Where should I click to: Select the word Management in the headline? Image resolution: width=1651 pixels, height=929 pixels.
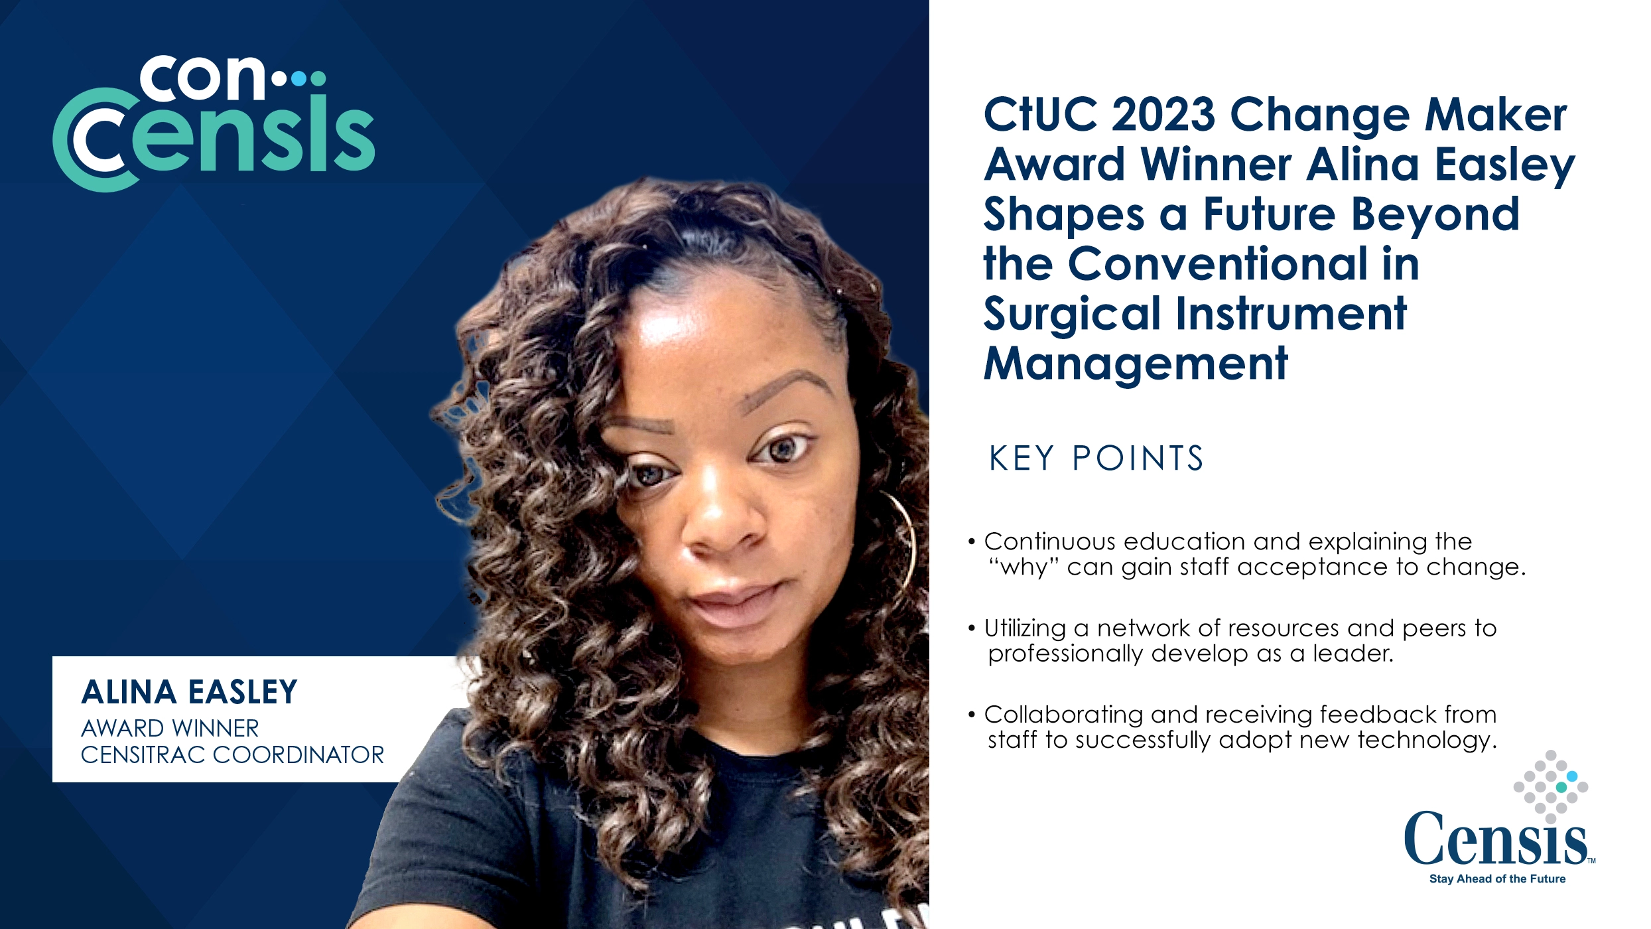point(1135,364)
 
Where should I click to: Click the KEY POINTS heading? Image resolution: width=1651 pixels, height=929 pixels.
point(1096,459)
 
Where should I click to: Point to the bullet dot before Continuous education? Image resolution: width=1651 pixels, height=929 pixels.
point(972,542)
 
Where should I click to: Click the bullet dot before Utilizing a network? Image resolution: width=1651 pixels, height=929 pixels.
point(972,628)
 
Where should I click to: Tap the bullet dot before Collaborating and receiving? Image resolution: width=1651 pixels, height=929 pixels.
point(972,715)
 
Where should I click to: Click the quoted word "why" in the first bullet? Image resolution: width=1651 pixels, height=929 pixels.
point(1024,568)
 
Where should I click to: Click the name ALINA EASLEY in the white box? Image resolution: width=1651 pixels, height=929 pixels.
point(189,692)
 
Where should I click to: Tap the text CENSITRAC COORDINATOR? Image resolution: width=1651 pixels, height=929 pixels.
point(232,755)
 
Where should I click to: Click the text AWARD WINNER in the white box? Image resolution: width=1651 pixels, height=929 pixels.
point(170,729)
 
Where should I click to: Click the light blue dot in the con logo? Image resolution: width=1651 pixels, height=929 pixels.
point(299,79)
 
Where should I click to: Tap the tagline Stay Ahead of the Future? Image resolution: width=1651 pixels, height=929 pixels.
point(1497,879)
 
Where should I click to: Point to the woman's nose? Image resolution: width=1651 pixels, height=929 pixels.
point(720,524)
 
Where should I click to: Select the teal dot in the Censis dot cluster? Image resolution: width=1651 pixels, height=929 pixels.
point(1561,787)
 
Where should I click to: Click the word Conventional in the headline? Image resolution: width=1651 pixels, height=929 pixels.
point(1218,264)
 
